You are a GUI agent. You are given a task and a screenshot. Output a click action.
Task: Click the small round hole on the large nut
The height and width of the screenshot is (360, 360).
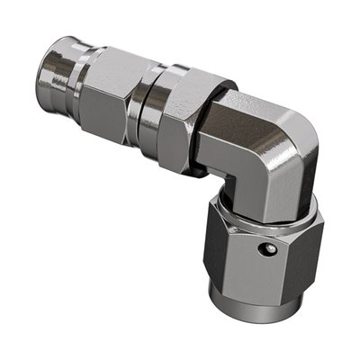264,247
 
